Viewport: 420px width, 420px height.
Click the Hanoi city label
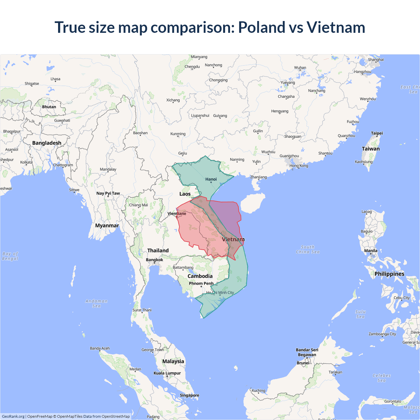click(x=211, y=179)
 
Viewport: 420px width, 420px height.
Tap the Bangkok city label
click(x=154, y=260)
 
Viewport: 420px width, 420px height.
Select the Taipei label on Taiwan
click(x=377, y=133)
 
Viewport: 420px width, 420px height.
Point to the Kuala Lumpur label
click(x=167, y=373)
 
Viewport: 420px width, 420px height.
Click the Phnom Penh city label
click(x=201, y=283)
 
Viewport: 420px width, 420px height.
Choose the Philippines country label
click(x=389, y=274)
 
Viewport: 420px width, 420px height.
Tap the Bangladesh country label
click(x=47, y=143)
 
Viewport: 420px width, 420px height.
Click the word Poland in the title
click(x=262, y=27)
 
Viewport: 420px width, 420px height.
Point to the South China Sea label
click(x=307, y=249)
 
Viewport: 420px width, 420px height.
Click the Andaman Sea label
click(x=96, y=304)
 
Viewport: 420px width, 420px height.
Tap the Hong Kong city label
click(x=299, y=166)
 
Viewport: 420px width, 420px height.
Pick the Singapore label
click(x=189, y=395)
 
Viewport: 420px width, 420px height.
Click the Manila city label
click(x=370, y=251)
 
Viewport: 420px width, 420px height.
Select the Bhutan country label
click(x=49, y=107)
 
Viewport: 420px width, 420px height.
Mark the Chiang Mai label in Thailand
click(x=138, y=205)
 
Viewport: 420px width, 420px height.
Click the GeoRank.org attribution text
click(x=13, y=416)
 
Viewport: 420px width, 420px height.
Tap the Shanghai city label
click(x=376, y=60)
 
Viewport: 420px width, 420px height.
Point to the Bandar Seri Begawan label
click(x=307, y=352)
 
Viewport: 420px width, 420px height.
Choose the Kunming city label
click(x=178, y=134)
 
